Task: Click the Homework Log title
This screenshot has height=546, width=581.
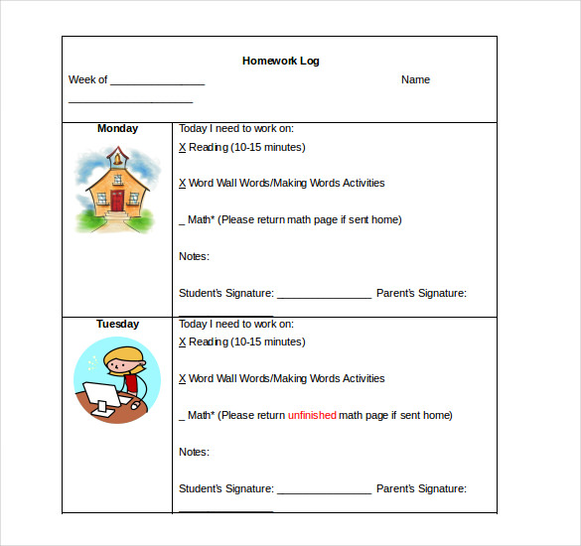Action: pos(280,61)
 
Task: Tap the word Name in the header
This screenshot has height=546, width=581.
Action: pos(415,79)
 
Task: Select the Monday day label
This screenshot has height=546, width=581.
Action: pos(117,128)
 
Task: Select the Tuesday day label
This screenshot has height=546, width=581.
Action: pos(117,324)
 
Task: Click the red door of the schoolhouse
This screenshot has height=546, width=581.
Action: pos(117,201)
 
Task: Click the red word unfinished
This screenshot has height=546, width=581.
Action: pos(312,415)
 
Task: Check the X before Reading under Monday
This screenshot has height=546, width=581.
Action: pos(183,147)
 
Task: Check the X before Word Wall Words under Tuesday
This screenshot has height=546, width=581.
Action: pos(183,378)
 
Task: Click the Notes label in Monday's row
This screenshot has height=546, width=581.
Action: pos(194,256)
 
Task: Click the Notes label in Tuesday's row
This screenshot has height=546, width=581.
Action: pos(194,452)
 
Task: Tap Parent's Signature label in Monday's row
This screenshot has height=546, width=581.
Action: pos(421,293)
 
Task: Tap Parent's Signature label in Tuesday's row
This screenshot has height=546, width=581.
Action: pos(421,488)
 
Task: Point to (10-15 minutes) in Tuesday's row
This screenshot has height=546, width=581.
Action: pos(267,341)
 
